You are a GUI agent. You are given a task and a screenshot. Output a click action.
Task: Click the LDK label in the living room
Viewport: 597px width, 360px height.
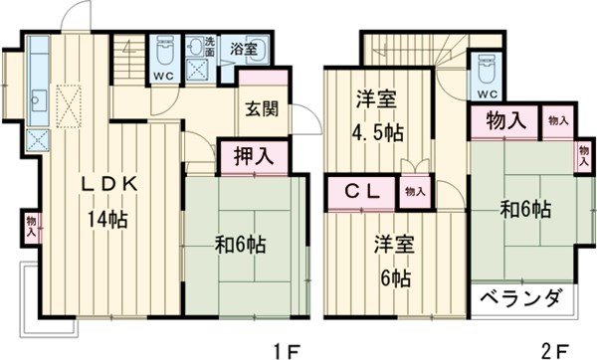102,186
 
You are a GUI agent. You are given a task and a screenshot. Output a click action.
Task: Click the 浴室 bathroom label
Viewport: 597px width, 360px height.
243,48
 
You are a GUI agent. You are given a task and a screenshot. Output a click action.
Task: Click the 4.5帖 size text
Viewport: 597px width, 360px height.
379,129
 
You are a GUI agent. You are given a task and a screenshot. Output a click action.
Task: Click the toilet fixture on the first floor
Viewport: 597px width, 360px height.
164,50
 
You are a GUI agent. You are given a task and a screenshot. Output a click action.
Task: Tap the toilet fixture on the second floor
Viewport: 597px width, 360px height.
488,69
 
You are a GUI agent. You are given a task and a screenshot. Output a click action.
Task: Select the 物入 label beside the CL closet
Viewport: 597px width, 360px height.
414,190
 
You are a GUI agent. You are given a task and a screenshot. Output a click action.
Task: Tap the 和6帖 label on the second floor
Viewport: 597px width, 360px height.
525,209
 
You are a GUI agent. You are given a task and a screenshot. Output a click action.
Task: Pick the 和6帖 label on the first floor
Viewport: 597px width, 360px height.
242,242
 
